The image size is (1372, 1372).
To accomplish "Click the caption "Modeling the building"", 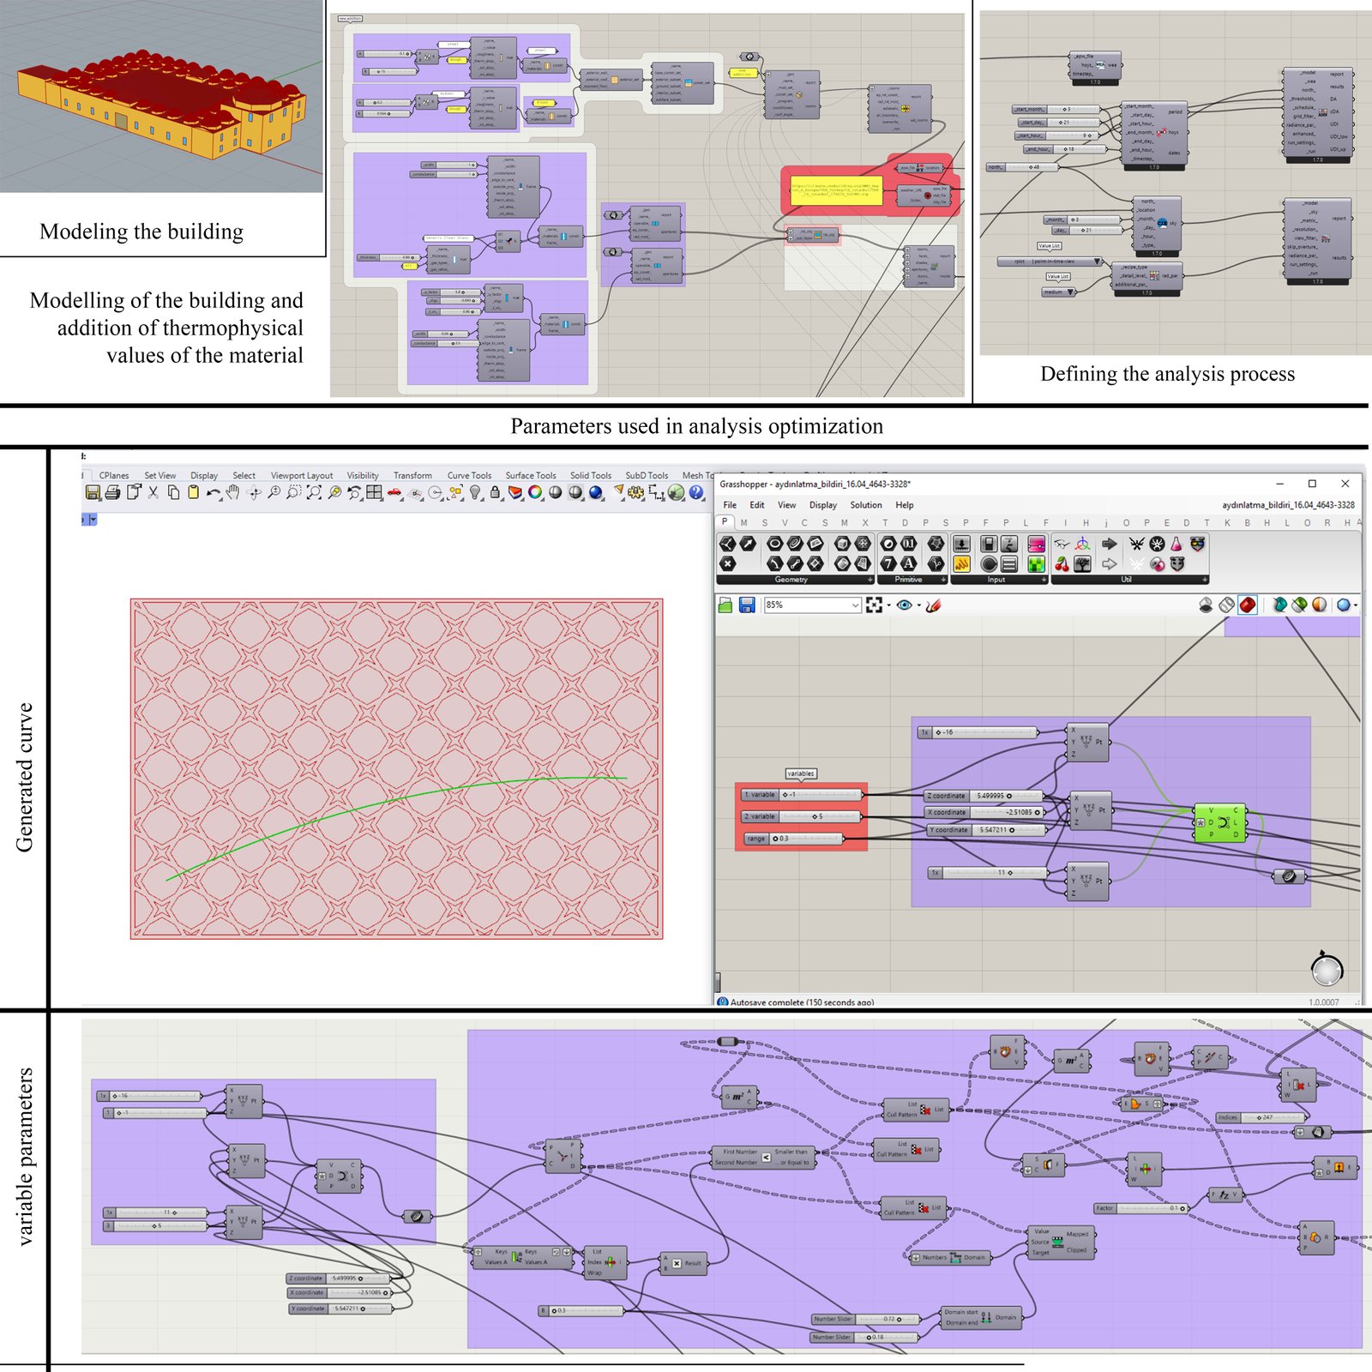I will [x=141, y=232].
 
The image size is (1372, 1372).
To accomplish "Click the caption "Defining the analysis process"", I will [x=1167, y=374].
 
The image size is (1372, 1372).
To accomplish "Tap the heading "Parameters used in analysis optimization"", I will [x=696, y=426].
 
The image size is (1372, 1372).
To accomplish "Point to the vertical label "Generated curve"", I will [x=24, y=777].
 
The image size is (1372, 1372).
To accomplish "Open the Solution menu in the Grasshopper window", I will [x=865, y=505].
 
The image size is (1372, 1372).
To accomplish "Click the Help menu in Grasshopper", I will [x=905, y=505].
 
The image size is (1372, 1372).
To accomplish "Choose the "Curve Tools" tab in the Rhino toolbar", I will [x=469, y=475].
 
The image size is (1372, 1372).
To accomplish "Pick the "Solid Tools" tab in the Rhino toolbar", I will [x=591, y=475].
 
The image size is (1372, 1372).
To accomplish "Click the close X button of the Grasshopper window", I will [x=1345, y=484].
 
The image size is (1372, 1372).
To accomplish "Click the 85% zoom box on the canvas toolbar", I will [x=810, y=605].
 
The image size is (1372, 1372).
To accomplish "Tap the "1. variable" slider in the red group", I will [x=801, y=795].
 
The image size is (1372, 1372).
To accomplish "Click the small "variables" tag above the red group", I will [x=801, y=773].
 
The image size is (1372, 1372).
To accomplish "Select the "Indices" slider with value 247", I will [x=1261, y=1117].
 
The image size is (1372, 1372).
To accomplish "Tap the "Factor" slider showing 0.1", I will [x=1141, y=1208].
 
